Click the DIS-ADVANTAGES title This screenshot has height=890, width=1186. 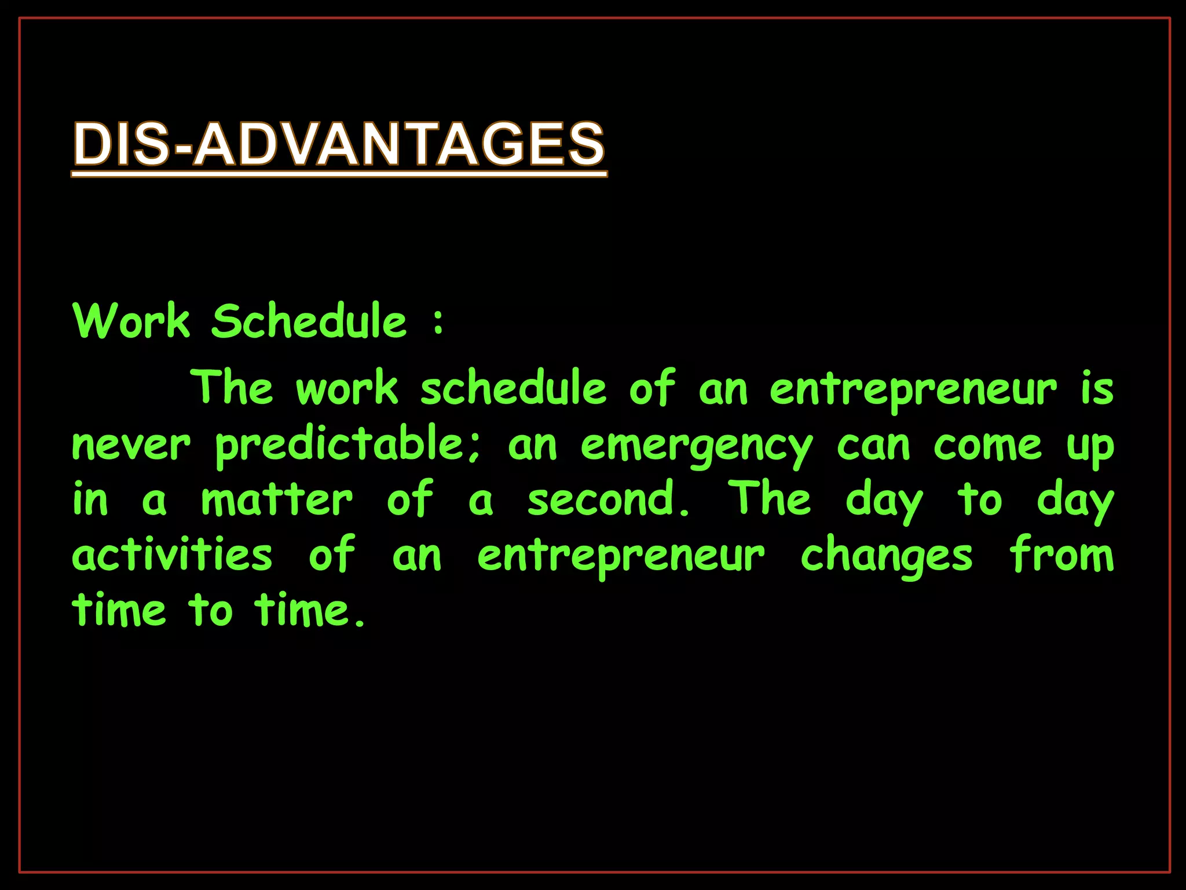pyautogui.click(x=339, y=143)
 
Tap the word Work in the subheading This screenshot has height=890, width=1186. pyautogui.click(x=131, y=321)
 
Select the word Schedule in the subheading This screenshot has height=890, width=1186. pyautogui.click(x=309, y=321)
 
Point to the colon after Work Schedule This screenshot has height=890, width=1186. pyautogui.click(x=438, y=322)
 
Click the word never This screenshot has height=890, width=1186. pyautogui.click(x=131, y=446)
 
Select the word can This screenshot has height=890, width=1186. pyautogui.click(x=873, y=446)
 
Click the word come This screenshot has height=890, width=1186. pyautogui.click(x=988, y=446)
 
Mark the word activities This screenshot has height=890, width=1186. pyautogui.click(x=172, y=555)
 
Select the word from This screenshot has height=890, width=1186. pyautogui.click(x=1062, y=555)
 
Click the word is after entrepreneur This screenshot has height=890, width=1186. pyautogui.click(x=1097, y=388)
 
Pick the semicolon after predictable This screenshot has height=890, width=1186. pyautogui.click(x=475, y=450)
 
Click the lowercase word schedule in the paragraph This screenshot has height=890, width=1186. pyautogui.click(x=514, y=388)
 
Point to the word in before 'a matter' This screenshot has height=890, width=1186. pyautogui.click(x=90, y=499)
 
